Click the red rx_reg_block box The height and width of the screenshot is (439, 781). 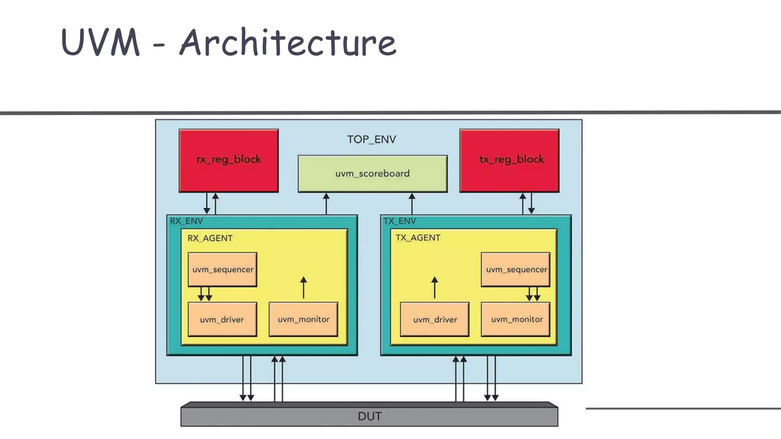point(228,160)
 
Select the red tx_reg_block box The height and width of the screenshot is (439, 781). point(509,160)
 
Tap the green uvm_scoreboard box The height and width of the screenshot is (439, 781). point(372,174)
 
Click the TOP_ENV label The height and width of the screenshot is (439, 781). point(371,139)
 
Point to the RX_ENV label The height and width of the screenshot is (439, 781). point(186,221)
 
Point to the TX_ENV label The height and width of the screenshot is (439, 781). point(399,221)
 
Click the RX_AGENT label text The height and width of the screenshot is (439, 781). point(210,238)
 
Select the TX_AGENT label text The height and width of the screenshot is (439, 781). point(418,238)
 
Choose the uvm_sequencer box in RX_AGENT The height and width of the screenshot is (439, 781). point(222,269)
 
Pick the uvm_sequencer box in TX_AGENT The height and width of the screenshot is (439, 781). point(516,269)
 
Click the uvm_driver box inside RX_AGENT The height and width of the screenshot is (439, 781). point(222,319)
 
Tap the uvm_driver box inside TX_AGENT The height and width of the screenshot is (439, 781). point(435,319)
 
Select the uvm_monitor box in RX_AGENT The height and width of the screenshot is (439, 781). point(304,319)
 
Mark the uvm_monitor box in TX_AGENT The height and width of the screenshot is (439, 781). point(516,319)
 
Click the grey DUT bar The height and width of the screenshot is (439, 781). point(369,416)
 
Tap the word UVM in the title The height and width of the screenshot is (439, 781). point(100,43)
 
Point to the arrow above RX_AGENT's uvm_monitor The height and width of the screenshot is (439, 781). point(304,288)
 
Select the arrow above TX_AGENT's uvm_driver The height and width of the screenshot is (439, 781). point(434,288)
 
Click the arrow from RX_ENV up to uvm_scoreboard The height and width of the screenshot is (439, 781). point(326,204)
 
